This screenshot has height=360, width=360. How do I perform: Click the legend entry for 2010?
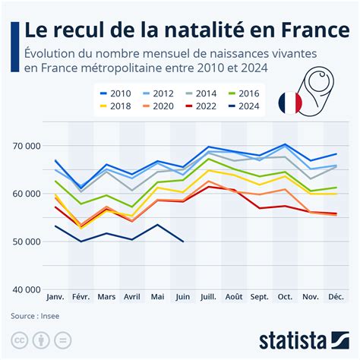115,93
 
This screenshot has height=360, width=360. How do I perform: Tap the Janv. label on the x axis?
55,297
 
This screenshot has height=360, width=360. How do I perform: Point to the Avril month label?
132,297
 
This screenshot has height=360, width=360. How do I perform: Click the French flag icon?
289,103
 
